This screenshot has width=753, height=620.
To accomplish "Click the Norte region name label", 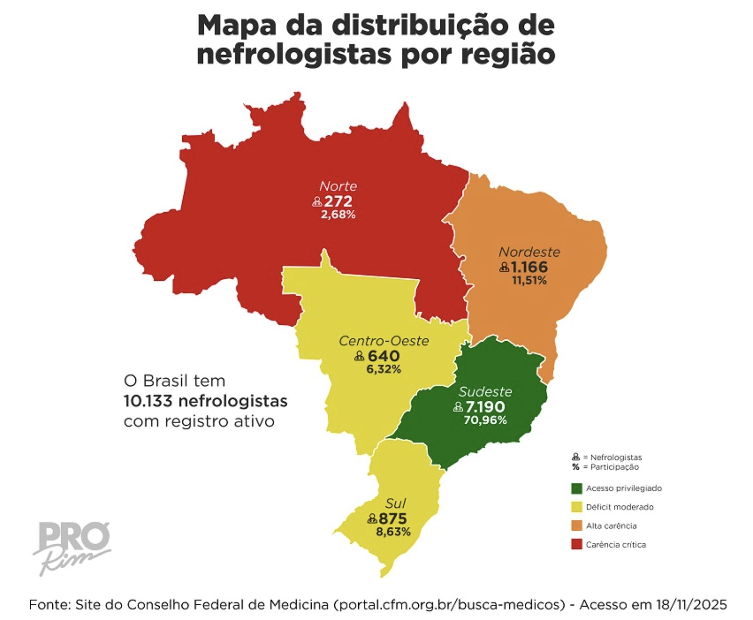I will pos(338,186).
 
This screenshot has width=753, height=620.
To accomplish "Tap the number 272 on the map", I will pos(338,201).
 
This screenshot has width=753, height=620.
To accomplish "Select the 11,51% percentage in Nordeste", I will pos(529,280).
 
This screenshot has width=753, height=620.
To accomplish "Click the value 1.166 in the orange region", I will pos(529,266).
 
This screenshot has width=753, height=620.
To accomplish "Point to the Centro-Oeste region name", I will pos(384,341).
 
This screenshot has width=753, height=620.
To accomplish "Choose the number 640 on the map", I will pos(383,355).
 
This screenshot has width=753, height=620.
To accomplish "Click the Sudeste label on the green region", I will pos(485,392).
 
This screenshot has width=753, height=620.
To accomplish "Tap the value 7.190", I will pos(485,406).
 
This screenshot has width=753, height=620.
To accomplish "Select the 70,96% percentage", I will pos(485,420).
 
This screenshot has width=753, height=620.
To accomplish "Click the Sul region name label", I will pos(395,503).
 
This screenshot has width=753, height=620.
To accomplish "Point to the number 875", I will pos(393,518).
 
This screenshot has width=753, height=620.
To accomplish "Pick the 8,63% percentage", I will pos(393,532).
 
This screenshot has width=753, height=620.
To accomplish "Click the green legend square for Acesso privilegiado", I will pos(577,488).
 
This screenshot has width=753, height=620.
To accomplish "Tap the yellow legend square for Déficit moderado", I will pos(577,507).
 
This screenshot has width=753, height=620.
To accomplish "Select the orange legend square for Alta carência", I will pos(577,526).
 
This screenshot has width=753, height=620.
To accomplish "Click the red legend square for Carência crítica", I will pos(577,545).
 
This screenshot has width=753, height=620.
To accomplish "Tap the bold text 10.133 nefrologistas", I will pos(205,401).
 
